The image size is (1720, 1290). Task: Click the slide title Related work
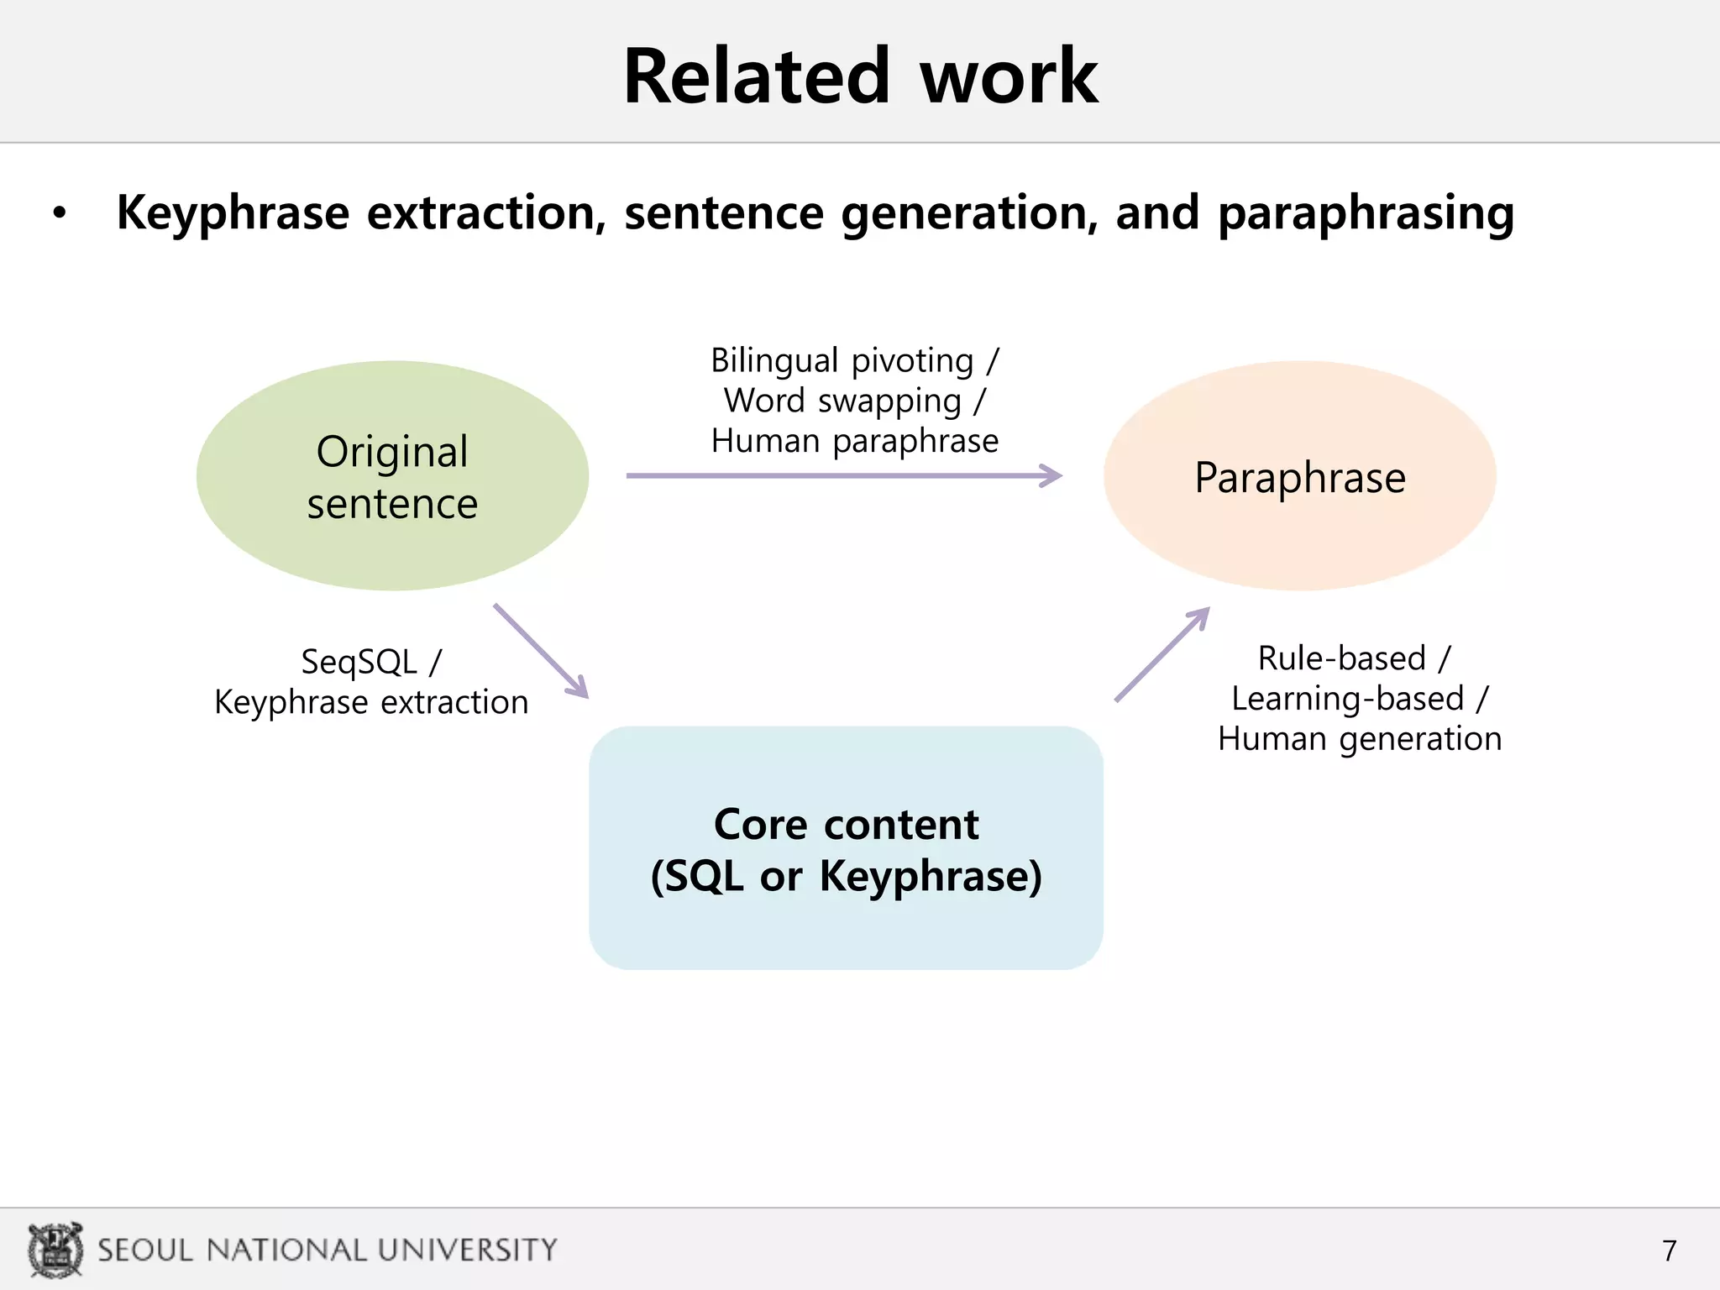click(860, 77)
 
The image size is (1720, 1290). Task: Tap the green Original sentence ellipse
click(392, 476)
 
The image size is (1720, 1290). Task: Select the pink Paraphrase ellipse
click(1299, 476)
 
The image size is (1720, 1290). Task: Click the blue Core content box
click(846, 848)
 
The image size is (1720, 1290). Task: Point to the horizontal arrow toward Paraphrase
click(843, 476)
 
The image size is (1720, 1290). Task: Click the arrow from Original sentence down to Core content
click(541, 651)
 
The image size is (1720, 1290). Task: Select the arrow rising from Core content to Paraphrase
click(1162, 653)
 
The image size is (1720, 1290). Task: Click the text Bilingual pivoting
click(842, 361)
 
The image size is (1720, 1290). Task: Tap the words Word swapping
click(842, 401)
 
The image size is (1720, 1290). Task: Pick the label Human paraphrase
click(855, 441)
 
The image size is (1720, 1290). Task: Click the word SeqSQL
click(359, 663)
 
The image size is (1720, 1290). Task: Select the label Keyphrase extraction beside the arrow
click(371, 703)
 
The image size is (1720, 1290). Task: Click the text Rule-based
click(1342, 658)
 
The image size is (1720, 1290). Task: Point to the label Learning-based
click(1348, 699)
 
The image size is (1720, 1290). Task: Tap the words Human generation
click(1360, 739)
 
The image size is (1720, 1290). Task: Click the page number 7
click(1670, 1251)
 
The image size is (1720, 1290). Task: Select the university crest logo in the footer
click(55, 1250)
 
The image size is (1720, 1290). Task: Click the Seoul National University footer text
click(328, 1250)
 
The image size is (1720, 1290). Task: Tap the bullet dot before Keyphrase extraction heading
click(59, 213)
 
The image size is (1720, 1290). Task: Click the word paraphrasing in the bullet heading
click(1366, 213)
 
